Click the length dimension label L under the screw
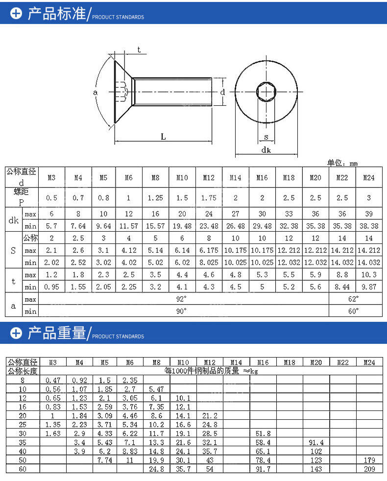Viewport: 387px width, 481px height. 163,137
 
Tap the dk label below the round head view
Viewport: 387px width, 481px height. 266,150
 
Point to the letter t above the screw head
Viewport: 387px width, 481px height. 139,50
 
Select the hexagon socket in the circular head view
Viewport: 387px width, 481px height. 266,92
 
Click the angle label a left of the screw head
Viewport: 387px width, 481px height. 95,92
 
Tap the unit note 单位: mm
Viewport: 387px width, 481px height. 343,163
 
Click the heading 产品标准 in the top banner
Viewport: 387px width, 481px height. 56,14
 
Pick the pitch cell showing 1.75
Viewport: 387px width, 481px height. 209,198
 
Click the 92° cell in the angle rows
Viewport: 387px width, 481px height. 182,298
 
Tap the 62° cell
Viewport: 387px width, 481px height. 354,298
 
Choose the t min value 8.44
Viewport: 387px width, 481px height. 342,287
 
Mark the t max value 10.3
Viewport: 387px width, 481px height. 368,275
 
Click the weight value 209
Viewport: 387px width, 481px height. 369,469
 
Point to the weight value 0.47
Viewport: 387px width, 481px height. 53,380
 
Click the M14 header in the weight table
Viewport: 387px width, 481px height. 236,362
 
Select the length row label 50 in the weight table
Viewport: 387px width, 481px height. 22,460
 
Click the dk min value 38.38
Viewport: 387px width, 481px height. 368,226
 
